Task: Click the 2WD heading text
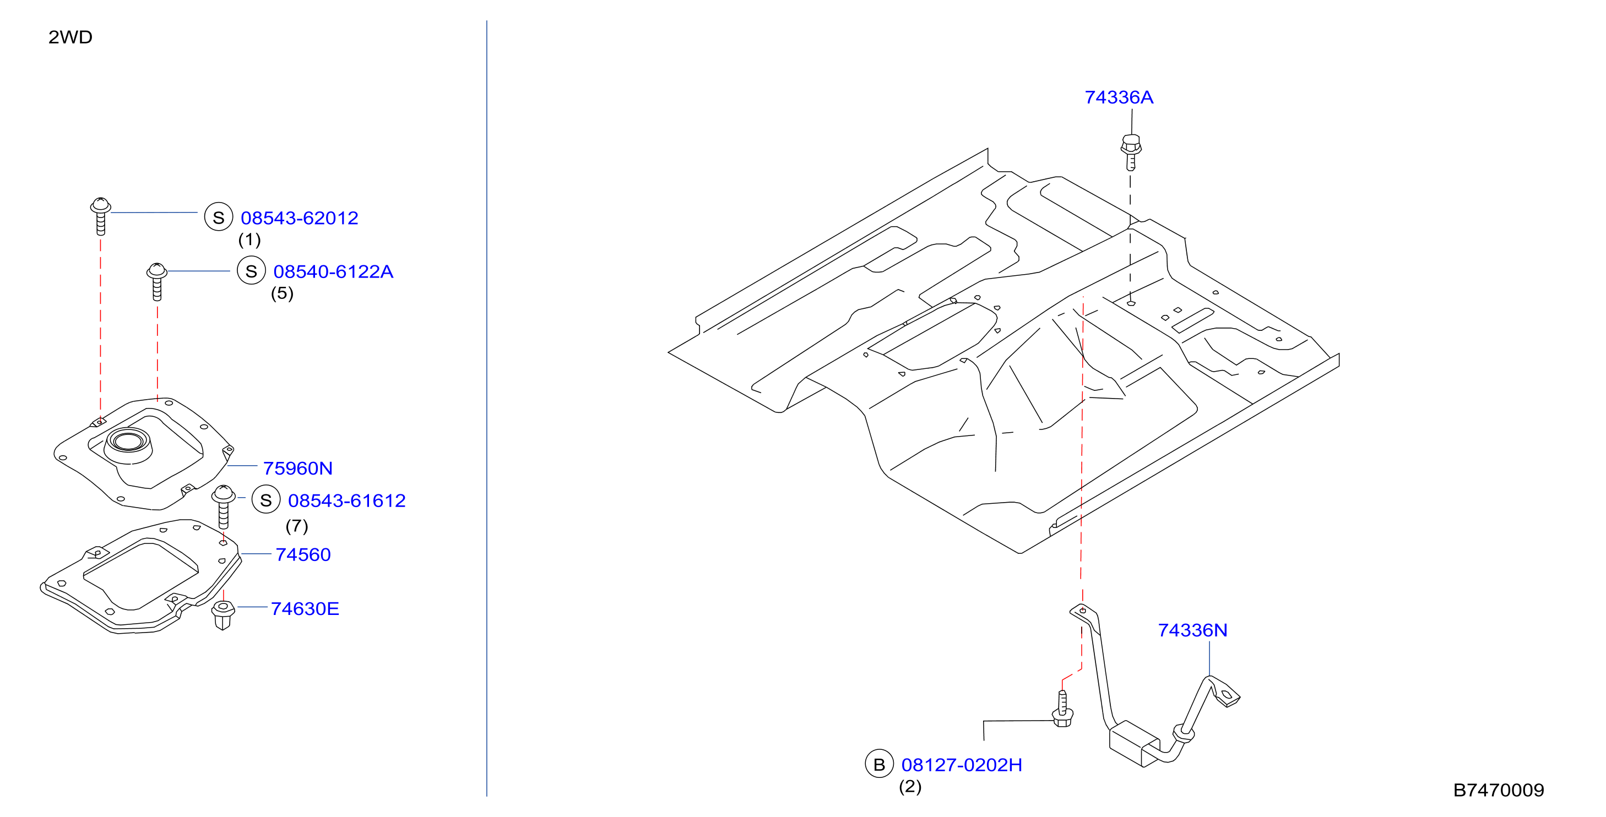coord(70,37)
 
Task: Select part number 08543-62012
coord(299,218)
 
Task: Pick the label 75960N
coord(297,468)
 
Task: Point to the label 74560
coord(303,554)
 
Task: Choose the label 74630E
coord(305,609)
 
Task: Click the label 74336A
coord(1119,97)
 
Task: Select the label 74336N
coord(1192,630)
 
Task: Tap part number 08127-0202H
coord(962,765)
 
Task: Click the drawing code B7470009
coord(1498,790)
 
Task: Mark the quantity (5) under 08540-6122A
coord(282,293)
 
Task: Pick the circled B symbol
coord(879,764)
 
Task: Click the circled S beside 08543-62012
coord(219,217)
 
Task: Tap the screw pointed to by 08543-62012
coord(100,216)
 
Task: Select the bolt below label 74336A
coord(1130,152)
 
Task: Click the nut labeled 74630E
coord(223,615)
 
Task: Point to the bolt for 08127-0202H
coord(1062,710)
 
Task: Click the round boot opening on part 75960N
coord(129,441)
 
